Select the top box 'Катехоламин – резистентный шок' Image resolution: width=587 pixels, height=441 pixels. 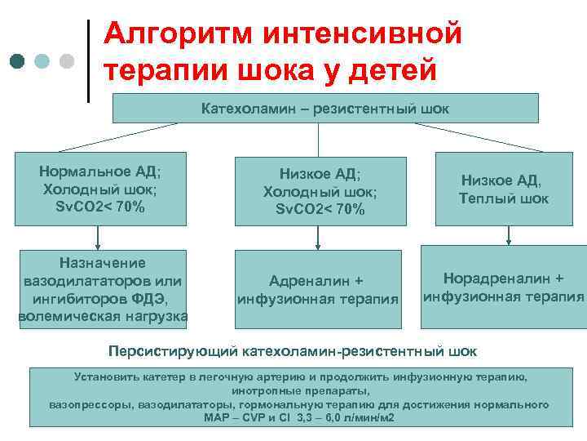pos(324,108)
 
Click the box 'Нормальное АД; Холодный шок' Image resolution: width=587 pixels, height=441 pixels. pos(99,189)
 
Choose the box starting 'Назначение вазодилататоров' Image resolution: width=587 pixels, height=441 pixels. pos(102,289)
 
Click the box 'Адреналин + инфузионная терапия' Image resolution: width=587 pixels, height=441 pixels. pos(318,289)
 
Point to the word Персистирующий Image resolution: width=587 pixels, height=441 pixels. pos(173,351)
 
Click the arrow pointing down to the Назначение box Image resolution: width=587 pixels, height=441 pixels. pos(99,237)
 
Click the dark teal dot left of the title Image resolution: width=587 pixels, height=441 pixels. pos(18,62)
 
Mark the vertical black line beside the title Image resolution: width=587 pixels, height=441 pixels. pos(88,60)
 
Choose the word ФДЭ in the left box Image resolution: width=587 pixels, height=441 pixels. pos(152,298)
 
